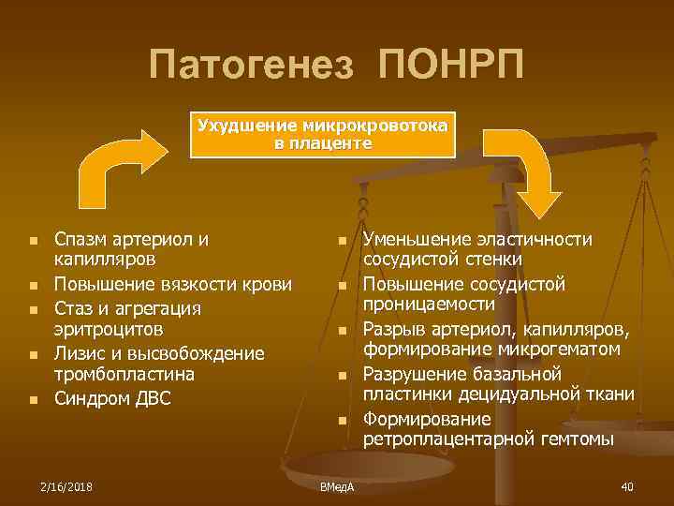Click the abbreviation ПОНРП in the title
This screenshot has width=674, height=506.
tap(452, 66)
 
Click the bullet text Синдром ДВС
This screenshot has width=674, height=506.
tap(112, 397)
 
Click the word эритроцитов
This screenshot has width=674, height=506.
tap(108, 329)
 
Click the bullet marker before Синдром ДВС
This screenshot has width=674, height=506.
tap(33, 399)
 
